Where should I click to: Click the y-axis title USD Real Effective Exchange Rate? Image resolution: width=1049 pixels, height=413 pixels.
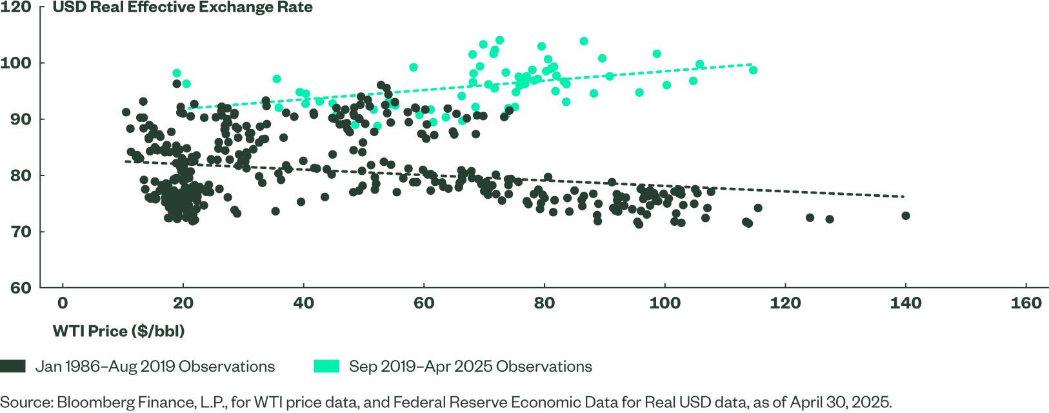[x=183, y=8]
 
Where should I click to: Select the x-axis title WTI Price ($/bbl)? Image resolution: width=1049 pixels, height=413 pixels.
[x=119, y=332]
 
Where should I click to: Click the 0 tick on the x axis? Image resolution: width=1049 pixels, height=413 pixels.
[x=63, y=303]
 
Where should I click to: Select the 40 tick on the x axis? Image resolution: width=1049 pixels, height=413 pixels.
[x=303, y=303]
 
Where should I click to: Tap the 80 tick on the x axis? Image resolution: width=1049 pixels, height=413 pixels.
[x=544, y=303]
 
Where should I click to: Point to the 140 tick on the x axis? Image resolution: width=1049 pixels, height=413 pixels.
[x=906, y=303]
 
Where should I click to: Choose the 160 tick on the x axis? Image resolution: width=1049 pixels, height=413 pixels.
[x=1026, y=303]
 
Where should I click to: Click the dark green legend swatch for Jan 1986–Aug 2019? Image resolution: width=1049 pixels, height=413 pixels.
[x=13, y=367]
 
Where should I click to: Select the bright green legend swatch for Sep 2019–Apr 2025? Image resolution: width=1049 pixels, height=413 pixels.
[x=326, y=367]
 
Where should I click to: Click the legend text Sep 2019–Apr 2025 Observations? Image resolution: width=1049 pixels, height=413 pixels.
[x=470, y=367]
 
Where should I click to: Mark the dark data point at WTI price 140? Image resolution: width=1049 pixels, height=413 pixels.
[x=906, y=216]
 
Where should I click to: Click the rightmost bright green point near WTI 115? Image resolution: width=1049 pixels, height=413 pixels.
[x=753, y=70]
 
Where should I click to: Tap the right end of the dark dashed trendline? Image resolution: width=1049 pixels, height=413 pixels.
[x=904, y=196]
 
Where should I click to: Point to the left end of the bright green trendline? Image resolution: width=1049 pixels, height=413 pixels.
[x=186, y=108]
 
